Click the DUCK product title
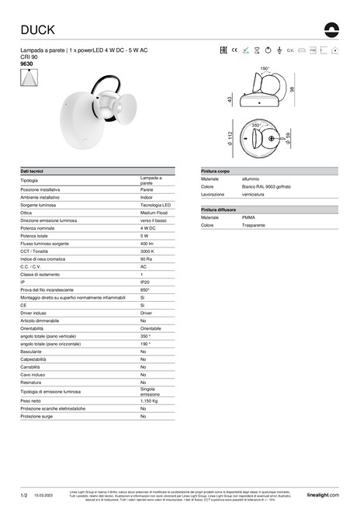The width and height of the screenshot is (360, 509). pyautogui.click(x=36, y=29)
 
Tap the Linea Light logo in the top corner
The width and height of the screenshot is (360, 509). pyautogui.click(x=333, y=29)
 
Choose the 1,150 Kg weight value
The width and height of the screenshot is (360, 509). pyautogui.click(x=151, y=401)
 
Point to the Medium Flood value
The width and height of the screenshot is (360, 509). pyautogui.click(x=154, y=212)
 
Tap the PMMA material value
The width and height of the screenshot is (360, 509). pyautogui.click(x=227, y=217)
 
